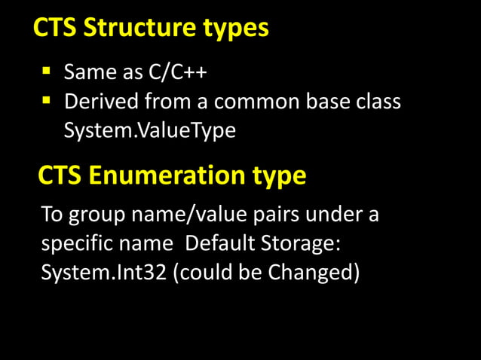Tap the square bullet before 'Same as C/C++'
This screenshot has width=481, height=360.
pos(47,72)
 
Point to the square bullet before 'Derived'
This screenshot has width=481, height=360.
pos(47,100)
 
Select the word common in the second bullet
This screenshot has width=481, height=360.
pos(248,102)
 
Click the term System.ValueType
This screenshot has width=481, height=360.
pos(149,130)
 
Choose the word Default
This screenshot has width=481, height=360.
pos(219,244)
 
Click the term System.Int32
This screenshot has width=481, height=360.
pos(103,273)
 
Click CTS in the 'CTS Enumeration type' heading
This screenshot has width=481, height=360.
pos(60,176)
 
